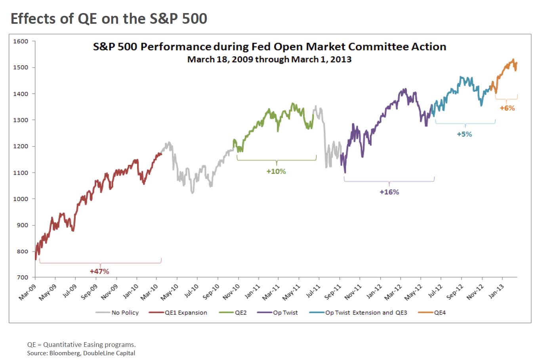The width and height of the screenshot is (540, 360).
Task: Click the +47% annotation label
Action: point(99,271)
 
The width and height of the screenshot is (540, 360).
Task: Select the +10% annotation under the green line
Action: point(276,171)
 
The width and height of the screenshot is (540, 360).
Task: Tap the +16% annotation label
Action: point(389,192)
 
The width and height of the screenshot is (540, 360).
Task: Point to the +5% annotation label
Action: point(464,134)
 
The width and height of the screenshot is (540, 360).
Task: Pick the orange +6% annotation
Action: point(507,108)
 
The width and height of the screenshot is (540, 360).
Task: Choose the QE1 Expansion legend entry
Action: point(178,312)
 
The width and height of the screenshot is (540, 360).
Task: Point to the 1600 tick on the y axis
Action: point(21,41)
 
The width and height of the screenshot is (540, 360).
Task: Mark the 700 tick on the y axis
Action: point(22,278)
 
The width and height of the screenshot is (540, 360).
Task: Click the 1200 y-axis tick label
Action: point(21,146)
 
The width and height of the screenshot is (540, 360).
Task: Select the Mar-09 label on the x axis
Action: point(27,292)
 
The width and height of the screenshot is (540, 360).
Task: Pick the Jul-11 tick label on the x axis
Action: point(313,292)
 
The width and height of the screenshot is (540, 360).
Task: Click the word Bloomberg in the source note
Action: point(64,353)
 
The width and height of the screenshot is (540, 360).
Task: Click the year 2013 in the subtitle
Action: point(342,59)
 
